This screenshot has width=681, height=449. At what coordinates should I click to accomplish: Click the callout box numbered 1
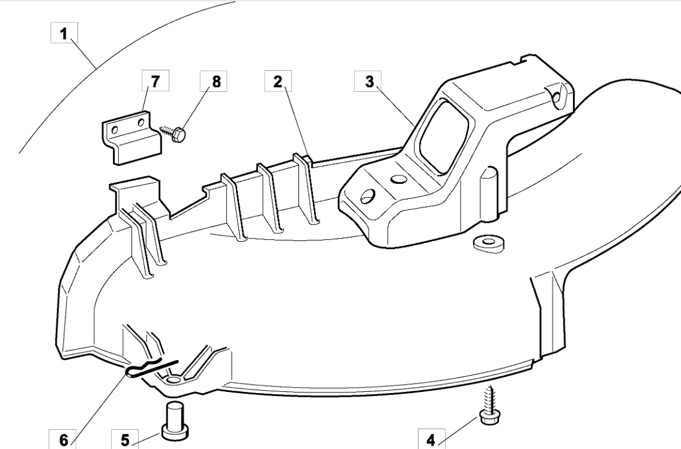64,32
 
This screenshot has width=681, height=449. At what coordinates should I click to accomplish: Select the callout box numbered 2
278,81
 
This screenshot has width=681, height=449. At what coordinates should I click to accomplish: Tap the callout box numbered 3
368,81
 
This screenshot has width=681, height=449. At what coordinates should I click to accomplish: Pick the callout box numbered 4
431,439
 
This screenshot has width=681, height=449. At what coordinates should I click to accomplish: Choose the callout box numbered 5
125,439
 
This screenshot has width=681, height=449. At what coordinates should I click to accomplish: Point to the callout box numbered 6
64,439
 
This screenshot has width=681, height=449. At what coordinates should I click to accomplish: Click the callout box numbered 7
156,81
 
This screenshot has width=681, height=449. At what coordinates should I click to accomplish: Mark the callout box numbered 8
216,81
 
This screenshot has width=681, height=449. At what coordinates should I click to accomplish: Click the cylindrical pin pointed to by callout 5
175,420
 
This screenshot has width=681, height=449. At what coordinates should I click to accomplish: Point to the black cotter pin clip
151,368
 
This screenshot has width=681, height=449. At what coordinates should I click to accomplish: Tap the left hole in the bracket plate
115,130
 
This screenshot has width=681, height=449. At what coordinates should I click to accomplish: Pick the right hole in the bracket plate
141,123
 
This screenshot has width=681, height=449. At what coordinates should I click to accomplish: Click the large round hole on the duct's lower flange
368,197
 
